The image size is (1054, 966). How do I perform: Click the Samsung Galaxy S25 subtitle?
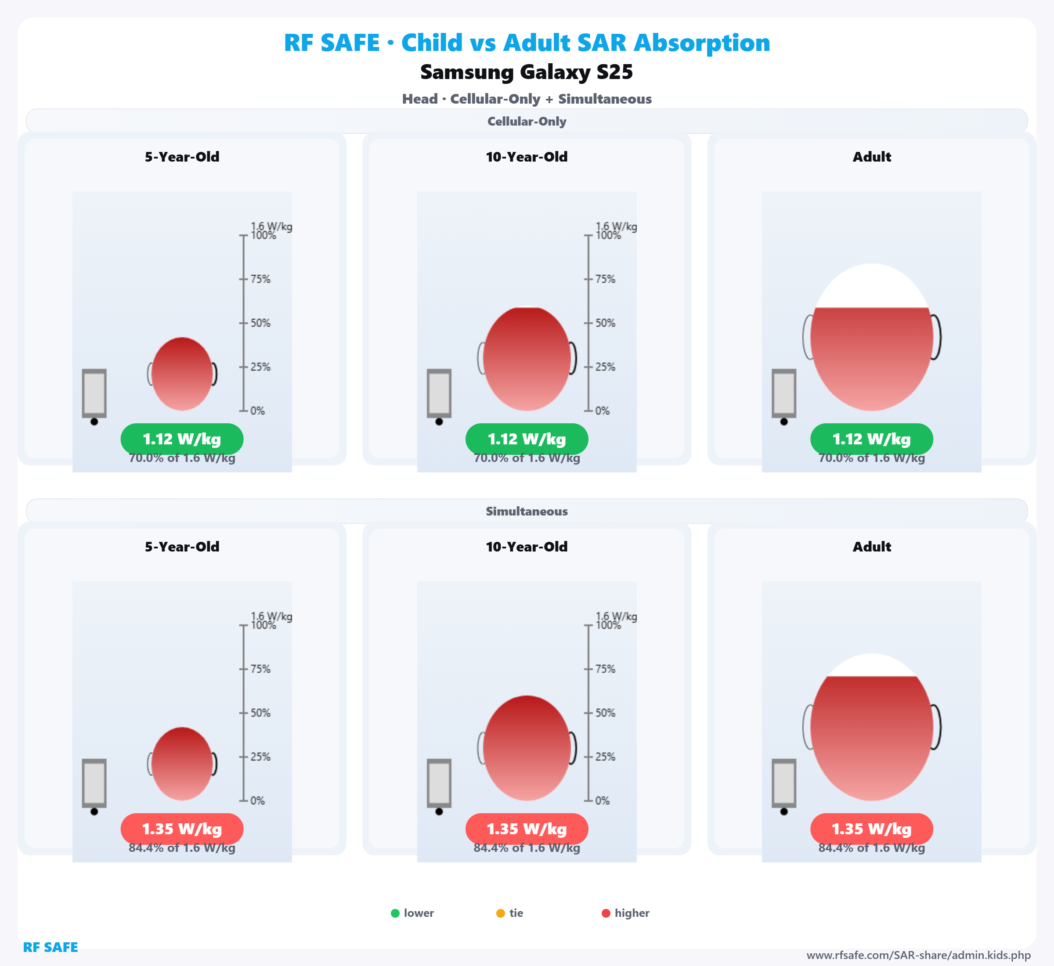[527, 72]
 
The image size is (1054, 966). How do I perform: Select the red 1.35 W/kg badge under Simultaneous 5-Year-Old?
[182, 829]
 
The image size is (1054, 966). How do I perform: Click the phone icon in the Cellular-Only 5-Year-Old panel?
[94, 393]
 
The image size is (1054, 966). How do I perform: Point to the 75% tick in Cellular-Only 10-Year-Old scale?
[588, 279]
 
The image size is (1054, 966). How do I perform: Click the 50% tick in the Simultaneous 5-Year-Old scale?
[244, 713]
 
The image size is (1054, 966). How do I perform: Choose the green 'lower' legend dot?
[395, 913]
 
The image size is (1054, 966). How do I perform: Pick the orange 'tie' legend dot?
[500, 913]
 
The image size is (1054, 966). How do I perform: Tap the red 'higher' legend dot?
[606, 913]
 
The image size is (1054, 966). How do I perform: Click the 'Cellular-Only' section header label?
[527, 121]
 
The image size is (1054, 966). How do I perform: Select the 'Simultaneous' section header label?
[527, 511]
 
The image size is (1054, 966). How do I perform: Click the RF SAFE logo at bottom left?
[50, 947]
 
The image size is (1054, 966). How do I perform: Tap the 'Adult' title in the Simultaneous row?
[872, 547]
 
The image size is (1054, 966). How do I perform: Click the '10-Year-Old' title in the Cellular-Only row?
[527, 157]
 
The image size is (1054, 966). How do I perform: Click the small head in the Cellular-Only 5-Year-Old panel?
[182, 374]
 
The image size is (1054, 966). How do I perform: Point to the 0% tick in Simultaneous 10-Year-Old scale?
[588, 800]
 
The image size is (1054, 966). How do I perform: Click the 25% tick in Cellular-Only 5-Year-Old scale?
[244, 367]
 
